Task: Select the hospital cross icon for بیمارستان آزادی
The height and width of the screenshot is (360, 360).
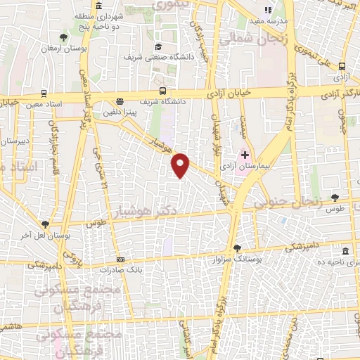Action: (x=245, y=155)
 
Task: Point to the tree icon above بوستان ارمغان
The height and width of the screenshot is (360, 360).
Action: (x=64, y=37)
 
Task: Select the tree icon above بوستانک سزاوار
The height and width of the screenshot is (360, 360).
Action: (x=238, y=247)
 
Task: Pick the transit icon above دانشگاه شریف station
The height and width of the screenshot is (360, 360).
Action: (x=163, y=91)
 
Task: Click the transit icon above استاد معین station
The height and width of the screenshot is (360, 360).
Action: (x=44, y=93)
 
